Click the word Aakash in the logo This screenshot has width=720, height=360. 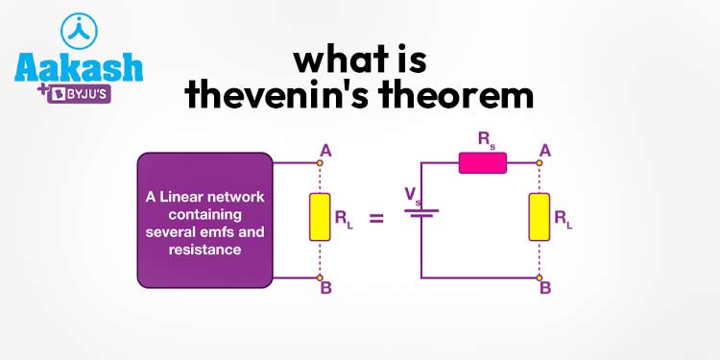tap(78, 68)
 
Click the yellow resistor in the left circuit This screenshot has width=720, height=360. tap(318, 217)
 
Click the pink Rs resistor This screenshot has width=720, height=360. tap(482, 163)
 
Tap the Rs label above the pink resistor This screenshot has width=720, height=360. tap(487, 140)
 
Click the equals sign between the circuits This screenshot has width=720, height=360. tap(375, 219)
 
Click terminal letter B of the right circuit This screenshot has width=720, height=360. tap(545, 288)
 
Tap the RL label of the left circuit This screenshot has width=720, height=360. tap(343, 218)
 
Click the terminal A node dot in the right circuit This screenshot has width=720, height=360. tap(538, 163)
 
